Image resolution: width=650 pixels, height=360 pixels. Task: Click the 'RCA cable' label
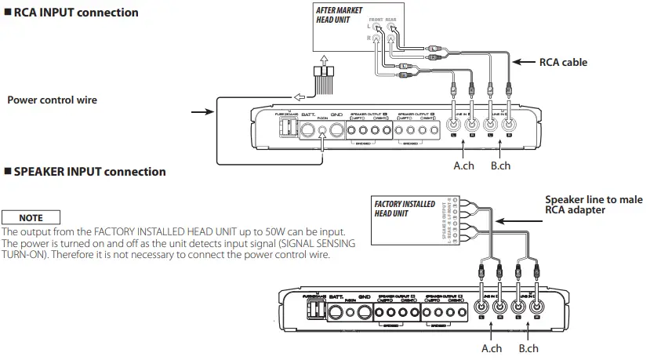(563, 62)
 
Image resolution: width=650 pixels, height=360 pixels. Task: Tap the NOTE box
(31, 217)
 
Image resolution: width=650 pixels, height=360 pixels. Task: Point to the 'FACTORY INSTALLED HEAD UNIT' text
(405, 209)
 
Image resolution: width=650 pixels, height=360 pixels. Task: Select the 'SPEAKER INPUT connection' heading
(89, 171)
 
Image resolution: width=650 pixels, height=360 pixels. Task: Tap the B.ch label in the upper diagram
(499, 165)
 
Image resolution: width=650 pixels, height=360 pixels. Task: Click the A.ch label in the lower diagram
(492, 347)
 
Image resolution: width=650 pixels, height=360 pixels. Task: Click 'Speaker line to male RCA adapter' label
(593, 205)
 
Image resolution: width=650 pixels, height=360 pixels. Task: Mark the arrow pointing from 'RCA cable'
(522, 62)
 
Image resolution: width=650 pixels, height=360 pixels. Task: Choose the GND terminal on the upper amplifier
(336, 131)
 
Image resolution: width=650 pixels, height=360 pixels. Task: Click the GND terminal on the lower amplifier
(364, 314)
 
